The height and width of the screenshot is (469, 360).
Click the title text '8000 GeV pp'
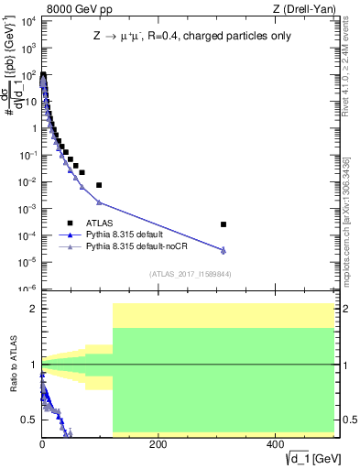pos(71,10)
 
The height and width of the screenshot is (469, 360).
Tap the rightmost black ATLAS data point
pos(224,224)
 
